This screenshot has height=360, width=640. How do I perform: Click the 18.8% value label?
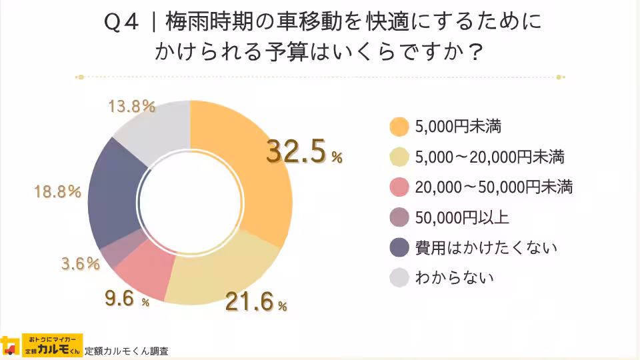tap(57, 192)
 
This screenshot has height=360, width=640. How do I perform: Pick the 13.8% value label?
tap(131, 107)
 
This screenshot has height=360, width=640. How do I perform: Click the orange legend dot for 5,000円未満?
tap(399, 126)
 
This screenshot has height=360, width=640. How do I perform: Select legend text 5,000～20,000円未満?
tap(489, 157)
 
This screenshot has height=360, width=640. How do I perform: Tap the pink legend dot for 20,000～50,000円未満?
tap(399, 187)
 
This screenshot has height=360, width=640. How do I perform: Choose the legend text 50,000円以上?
tap(461, 217)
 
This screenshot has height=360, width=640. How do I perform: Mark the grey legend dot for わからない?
tap(399, 278)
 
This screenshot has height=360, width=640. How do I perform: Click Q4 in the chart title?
tap(121, 22)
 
